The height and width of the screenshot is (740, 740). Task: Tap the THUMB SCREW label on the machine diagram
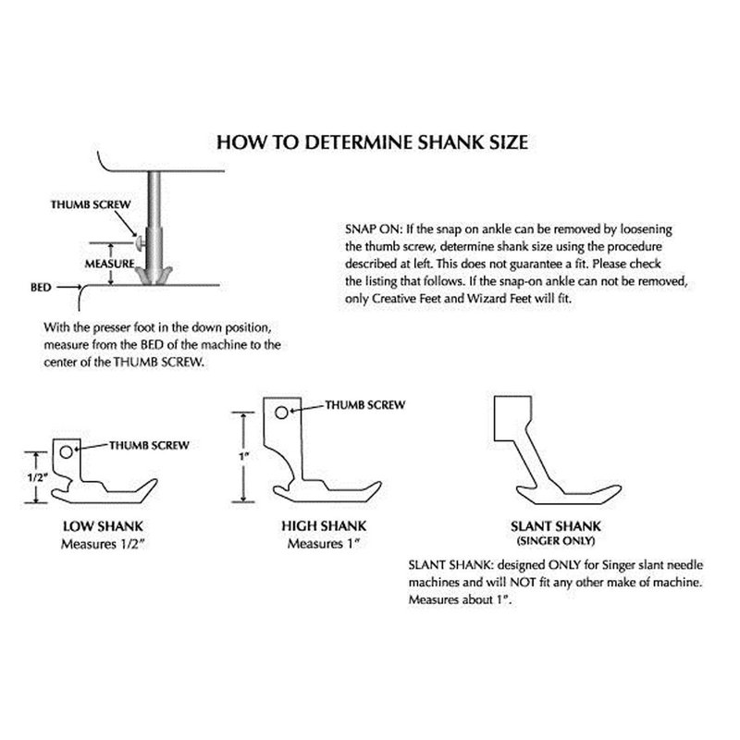point(91,204)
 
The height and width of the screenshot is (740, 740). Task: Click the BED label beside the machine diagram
point(41,287)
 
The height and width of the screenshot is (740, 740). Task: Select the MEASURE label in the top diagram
point(109,264)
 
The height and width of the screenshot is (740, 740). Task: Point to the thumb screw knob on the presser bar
point(140,243)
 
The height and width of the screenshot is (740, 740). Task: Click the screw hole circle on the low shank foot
point(67,452)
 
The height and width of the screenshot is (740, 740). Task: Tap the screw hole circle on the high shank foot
point(281,413)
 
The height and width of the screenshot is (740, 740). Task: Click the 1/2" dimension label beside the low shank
point(38,477)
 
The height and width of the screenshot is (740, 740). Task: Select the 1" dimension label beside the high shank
point(243,457)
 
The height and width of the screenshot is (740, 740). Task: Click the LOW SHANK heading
point(103,526)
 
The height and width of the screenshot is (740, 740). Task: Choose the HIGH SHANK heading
point(324,525)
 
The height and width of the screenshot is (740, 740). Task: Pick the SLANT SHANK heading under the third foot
point(556,525)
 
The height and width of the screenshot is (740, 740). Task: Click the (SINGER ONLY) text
point(556,541)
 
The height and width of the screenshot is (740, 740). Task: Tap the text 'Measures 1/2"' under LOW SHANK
point(102,544)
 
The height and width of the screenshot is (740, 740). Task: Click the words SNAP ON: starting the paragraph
point(374,229)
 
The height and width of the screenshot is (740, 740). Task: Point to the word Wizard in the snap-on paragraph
point(481,299)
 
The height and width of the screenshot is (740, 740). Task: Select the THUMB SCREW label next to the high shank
point(365,405)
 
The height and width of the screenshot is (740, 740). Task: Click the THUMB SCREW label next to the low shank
point(149,445)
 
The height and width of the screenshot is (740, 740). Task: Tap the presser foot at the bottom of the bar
point(154,275)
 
